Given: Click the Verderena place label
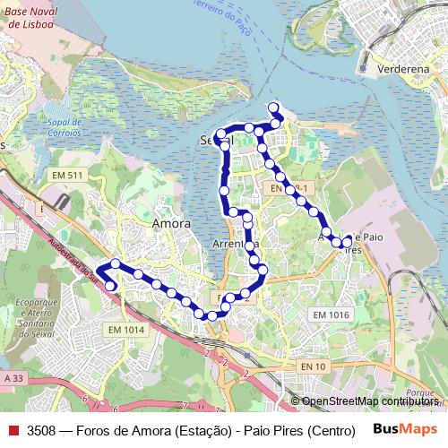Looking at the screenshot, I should pyautogui.click(x=406, y=68).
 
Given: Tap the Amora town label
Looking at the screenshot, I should pyautogui.click(x=171, y=223).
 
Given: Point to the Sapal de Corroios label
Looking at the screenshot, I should pyautogui.click(x=65, y=127).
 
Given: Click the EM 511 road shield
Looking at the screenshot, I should pyautogui.click(x=67, y=175).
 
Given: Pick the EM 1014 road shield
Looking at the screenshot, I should pyautogui.click(x=126, y=330).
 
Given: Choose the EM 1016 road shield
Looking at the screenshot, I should pyautogui.click(x=331, y=314).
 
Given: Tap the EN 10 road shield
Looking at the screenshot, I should pyautogui.click(x=313, y=366).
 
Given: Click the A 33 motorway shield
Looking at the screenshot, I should pyautogui.click(x=13, y=379).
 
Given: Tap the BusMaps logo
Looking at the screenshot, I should pyautogui.click(x=406, y=429).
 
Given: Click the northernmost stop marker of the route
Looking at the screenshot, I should pyautogui.click(x=273, y=108).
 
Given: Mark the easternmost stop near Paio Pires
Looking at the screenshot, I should pyautogui.click(x=347, y=241).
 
